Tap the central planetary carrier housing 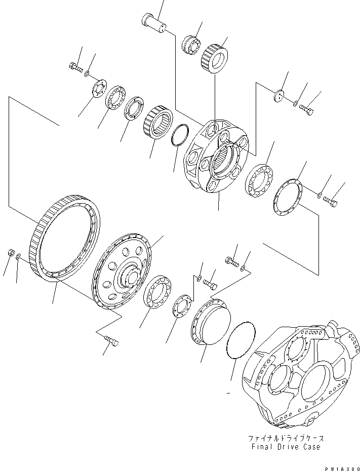[215, 157]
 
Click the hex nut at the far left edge [10, 253]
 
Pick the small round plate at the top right [278, 96]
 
